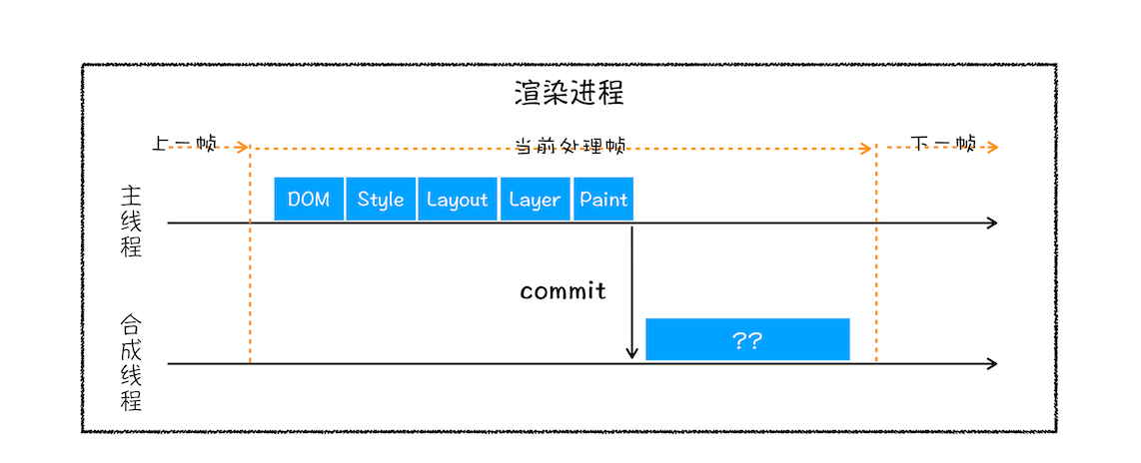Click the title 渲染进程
570,94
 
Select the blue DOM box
309,199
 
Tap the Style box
381,199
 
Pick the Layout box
457,199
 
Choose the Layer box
535,199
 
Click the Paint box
603,199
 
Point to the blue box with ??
747,339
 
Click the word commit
563,291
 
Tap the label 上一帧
185,144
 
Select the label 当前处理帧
570,146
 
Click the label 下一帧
944,144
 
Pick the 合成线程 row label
131,363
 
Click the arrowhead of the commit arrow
631,353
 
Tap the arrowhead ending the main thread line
992,223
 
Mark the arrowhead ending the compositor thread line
992,364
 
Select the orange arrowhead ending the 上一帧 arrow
243,148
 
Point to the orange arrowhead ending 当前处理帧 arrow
867,148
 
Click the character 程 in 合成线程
131,401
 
